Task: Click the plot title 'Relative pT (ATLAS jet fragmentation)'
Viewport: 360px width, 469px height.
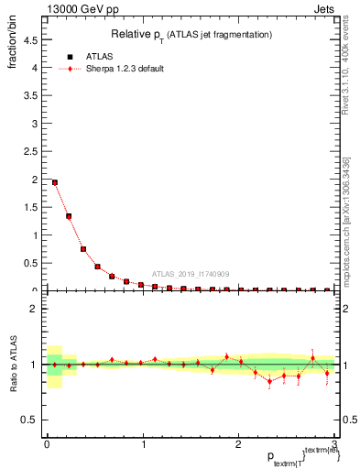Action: pyautogui.click(x=190, y=35)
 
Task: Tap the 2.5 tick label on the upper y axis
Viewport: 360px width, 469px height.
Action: pyautogui.click(x=32, y=152)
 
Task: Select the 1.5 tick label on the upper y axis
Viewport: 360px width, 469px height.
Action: pyautogui.click(x=32, y=208)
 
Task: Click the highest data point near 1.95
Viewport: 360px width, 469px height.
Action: pyautogui.click(x=55, y=182)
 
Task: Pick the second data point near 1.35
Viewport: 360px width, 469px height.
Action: pyautogui.click(x=69, y=216)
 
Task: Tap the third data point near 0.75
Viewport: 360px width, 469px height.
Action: pyautogui.click(x=83, y=249)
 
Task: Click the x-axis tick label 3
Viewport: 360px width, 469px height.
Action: pyautogui.click(x=335, y=444)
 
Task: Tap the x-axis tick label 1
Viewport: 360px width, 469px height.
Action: pyautogui.click(x=143, y=444)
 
